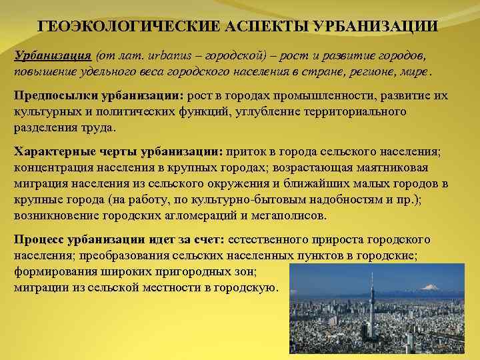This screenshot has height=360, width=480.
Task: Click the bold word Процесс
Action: coord(41,239)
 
